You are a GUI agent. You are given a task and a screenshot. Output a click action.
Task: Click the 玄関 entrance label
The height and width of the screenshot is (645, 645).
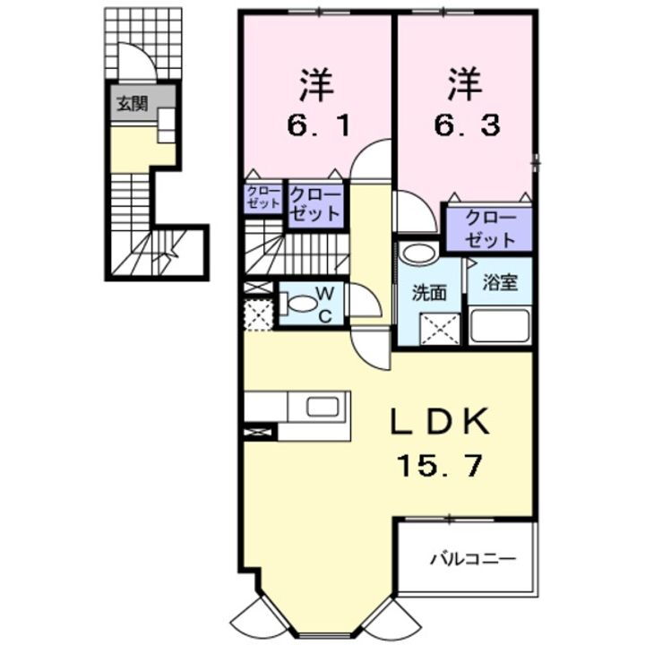coord(131,104)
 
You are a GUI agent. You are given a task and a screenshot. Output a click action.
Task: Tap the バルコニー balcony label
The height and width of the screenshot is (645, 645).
coord(472,560)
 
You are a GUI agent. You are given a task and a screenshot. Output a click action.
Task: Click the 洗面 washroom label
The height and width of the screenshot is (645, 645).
coord(429,292)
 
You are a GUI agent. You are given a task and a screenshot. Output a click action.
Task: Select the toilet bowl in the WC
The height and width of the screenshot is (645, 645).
coord(303,305)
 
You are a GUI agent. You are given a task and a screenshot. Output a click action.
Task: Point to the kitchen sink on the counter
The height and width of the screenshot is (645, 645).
coord(322,407)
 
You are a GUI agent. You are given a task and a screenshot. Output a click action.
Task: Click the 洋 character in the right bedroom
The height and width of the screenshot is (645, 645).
coord(465,85)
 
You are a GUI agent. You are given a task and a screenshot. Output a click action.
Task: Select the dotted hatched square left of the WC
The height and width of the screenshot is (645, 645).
coord(259,314)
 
